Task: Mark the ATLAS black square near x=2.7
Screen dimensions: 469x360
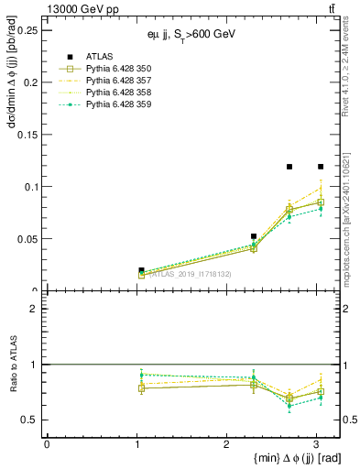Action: pos(289,167)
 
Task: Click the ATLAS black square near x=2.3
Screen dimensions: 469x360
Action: pos(254,236)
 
